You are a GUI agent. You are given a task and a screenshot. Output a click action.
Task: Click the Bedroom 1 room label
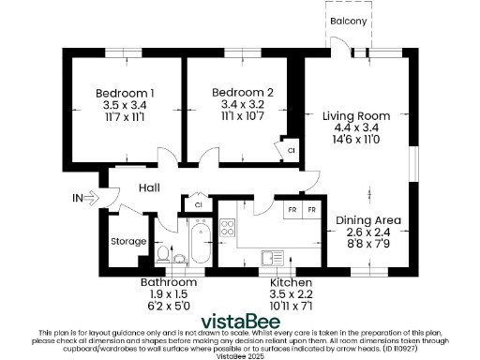126,93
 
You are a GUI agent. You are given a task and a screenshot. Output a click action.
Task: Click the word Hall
149,188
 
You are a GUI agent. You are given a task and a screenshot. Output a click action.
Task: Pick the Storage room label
129,241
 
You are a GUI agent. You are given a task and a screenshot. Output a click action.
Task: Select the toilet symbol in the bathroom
164,254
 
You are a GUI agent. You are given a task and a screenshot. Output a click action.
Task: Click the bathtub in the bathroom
199,246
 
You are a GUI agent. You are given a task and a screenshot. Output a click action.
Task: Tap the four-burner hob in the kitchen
227,228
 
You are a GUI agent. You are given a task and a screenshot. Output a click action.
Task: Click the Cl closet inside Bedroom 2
291,149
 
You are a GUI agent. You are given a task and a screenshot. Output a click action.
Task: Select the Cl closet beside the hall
198,203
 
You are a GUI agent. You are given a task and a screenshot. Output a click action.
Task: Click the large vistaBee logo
241,316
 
